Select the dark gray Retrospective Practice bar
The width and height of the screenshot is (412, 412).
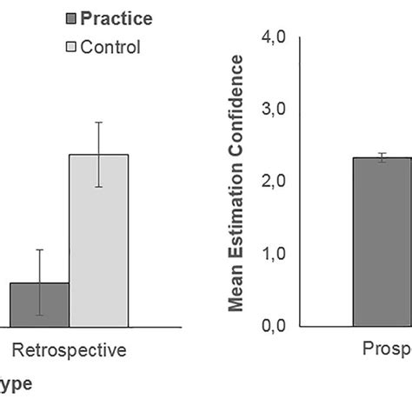(39, 304)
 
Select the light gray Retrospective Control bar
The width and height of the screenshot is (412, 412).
(99, 240)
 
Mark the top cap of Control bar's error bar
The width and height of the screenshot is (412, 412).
(99, 123)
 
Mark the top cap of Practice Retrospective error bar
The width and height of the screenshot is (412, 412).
(39, 250)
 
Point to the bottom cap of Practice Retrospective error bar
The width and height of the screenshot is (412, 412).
(39, 315)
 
